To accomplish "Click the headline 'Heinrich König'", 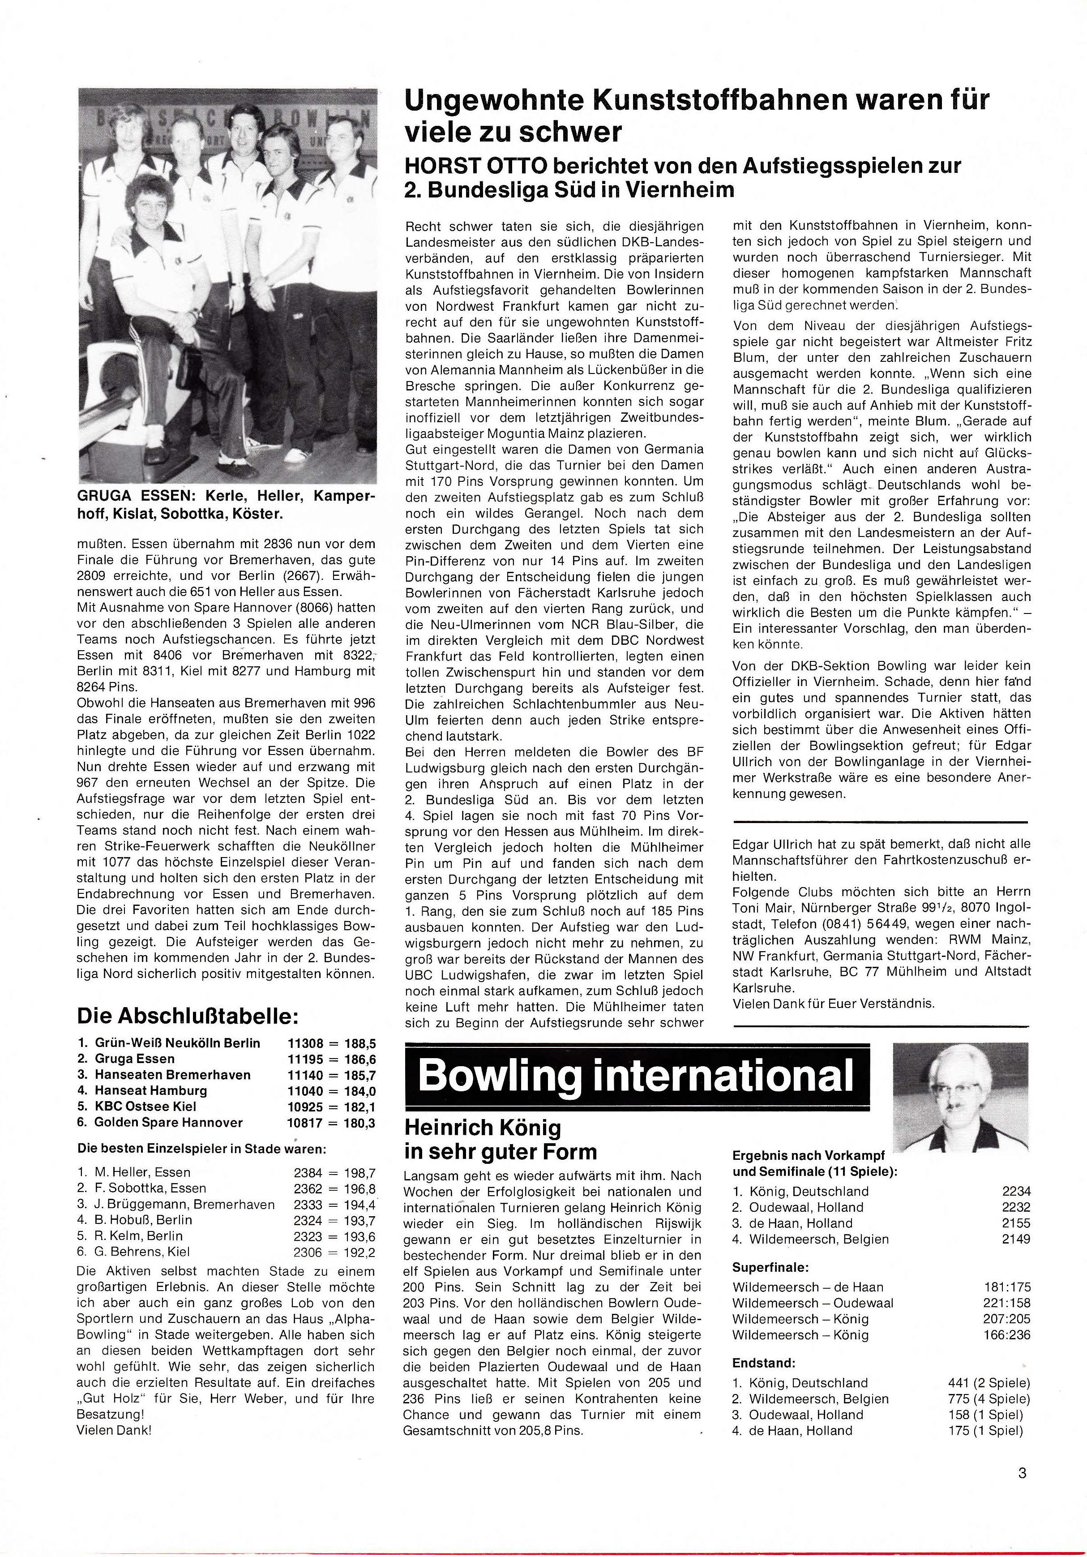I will (x=482, y=1128).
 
